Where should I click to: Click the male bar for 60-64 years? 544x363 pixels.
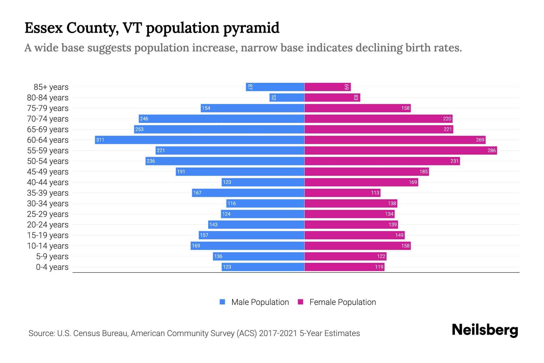(x=199, y=140)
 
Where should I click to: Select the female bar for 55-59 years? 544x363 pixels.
(x=400, y=150)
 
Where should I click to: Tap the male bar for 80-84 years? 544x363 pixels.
(x=287, y=97)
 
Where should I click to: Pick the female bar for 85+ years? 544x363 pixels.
(x=327, y=87)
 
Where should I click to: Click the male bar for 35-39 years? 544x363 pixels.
(x=248, y=193)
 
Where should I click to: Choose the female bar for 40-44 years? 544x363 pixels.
(x=361, y=182)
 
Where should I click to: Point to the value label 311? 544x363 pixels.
(x=100, y=140)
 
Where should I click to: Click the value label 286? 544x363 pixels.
(x=491, y=150)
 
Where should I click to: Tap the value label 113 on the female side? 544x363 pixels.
(x=375, y=193)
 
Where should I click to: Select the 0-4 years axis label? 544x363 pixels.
(x=52, y=267)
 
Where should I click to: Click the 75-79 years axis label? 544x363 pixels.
(x=48, y=108)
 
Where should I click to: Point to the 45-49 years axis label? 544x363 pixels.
(x=48, y=172)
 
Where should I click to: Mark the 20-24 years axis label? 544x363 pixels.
(x=48, y=225)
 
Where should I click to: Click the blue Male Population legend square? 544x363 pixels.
(x=222, y=302)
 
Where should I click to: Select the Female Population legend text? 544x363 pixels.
(x=342, y=302)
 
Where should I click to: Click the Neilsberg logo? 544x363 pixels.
(x=485, y=330)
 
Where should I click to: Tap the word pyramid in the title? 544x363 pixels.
(x=251, y=28)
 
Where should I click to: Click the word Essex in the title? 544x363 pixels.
(x=44, y=28)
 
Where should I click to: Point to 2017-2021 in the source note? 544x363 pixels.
(x=278, y=333)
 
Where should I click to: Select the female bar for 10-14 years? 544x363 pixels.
(x=357, y=246)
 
